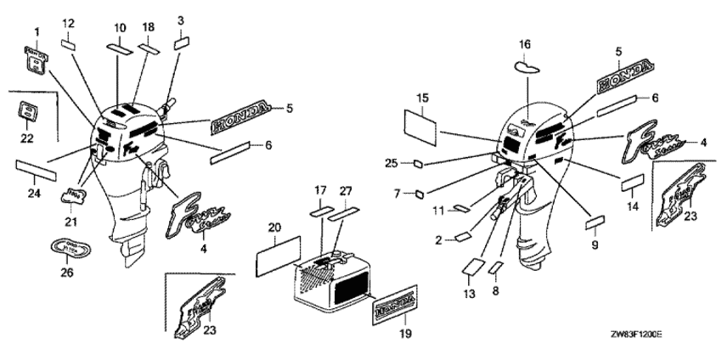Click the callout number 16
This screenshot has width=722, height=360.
524,43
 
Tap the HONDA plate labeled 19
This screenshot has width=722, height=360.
395,305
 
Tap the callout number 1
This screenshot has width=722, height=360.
37,32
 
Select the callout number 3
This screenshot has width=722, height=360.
180,20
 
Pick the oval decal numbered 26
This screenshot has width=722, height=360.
67,249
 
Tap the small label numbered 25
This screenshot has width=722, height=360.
419,164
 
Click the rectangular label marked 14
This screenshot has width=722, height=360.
632,183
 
